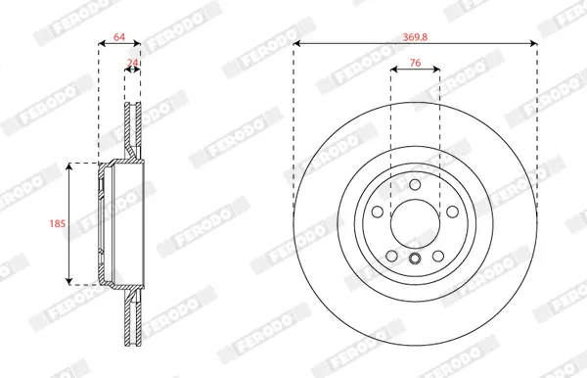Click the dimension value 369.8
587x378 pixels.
pos(415,37)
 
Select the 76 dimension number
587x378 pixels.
pos(415,63)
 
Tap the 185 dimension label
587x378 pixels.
pos(58,223)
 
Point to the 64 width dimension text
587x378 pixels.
pos(119,37)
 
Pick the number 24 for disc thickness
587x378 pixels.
pos(132,63)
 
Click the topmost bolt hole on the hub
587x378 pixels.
pos(415,185)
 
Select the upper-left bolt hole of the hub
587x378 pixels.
pos(378,212)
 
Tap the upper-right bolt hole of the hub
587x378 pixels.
pos(453,212)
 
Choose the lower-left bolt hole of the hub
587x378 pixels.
pos(391,257)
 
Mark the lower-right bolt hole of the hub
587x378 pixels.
pos(438,257)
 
